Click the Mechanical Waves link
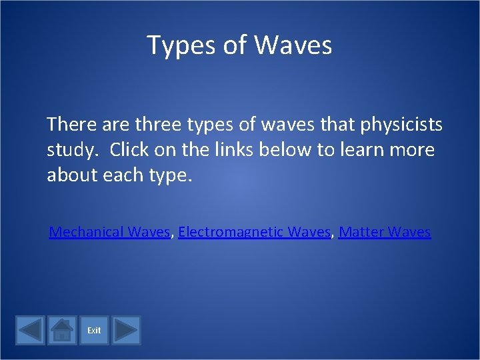[x=109, y=232]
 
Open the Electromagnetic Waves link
[x=255, y=232]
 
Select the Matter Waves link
[x=385, y=232]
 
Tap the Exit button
[x=94, y=330]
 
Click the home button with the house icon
[x=62, y=330]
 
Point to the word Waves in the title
[x=293, y=45]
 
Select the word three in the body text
[x=158, y=125]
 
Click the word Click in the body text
[x=129, y=150]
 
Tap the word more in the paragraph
[x=415, y=150]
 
